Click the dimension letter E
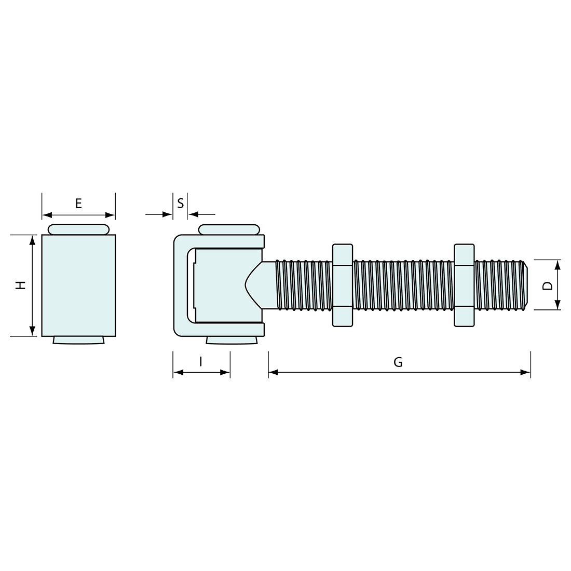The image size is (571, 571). (78, 203)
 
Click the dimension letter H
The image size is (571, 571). (20, 285)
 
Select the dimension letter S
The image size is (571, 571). (180, 203)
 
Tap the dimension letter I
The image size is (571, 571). (201, 362)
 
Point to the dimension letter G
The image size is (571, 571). (398, 362)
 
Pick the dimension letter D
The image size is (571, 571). (546, 285)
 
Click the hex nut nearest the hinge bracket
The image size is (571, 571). (342, 285)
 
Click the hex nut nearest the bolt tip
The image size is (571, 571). (464, 285)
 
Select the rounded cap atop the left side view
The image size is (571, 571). (78, 229)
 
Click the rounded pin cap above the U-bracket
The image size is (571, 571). (229, 229)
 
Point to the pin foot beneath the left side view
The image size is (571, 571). (78, 340)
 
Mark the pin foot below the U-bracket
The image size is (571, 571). (233, 341)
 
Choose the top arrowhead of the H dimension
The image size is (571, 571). (33, 239)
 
